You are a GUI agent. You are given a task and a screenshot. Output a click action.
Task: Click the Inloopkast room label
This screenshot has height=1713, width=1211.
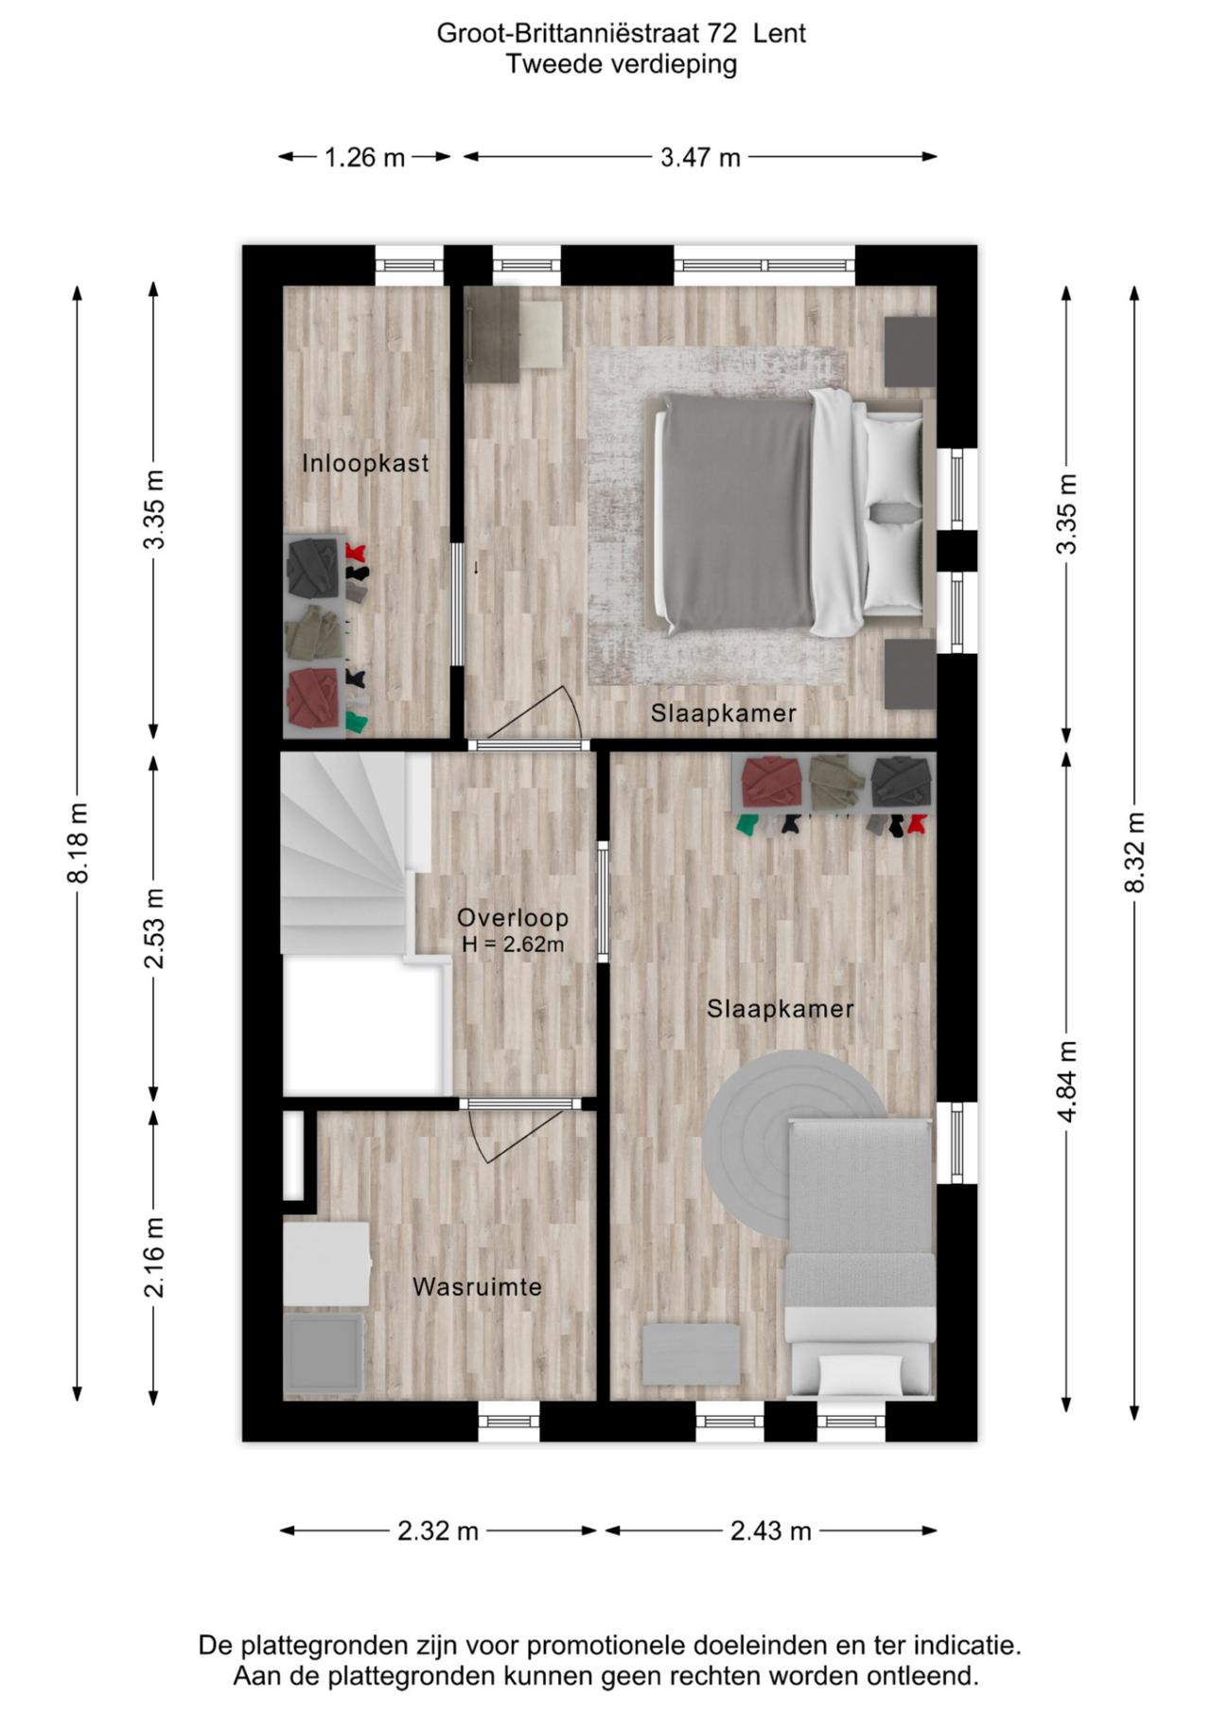coord(365,463)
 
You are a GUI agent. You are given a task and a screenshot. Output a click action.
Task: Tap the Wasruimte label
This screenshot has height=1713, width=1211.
coord(477,1286)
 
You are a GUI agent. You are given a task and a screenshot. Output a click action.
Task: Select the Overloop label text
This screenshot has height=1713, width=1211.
coord(512,917)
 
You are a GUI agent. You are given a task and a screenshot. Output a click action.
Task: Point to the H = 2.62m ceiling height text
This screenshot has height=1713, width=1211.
coord(513,945)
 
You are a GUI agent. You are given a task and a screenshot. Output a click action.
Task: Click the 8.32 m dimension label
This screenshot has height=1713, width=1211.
coord(1135,852)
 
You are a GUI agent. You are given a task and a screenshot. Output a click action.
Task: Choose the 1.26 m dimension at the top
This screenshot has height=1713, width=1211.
coord(364,157)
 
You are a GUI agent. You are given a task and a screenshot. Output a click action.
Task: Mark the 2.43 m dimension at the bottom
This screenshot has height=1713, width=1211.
coord(770,1530)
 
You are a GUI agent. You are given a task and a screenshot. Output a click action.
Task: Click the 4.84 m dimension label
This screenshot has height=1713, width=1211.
coord(1067,1081)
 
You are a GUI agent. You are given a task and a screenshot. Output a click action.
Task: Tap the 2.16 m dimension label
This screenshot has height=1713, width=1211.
coord(154,1257)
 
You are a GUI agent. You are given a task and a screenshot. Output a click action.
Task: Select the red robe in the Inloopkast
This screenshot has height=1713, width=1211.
coord(314,698)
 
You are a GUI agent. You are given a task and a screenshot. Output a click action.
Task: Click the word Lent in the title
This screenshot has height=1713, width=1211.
coord(780,33)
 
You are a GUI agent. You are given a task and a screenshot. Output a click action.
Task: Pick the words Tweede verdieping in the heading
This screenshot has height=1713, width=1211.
coord(621,64)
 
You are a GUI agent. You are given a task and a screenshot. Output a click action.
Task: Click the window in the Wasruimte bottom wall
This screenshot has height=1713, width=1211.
coord(508,1422)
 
